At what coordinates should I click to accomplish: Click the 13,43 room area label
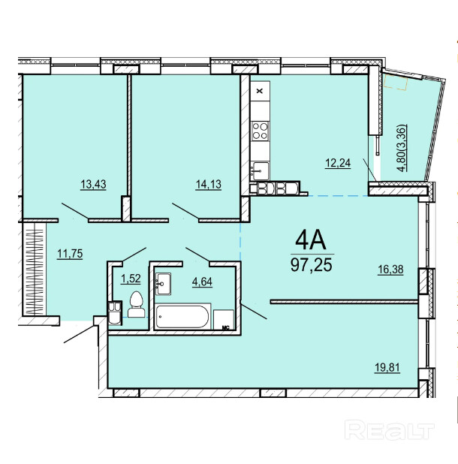[93, 185]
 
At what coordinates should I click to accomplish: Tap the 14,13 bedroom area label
[208, 185]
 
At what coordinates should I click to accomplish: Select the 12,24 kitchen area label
[338, 163]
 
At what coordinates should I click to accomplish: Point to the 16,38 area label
[390, 270]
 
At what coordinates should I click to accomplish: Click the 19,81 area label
[387, 368]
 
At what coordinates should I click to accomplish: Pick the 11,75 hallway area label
[70, 254]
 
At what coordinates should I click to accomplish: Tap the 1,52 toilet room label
[131, 279]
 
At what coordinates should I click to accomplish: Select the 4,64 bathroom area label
[203, 282]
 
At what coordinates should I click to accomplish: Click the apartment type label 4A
[310, 240]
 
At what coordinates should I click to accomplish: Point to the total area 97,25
[312, 264]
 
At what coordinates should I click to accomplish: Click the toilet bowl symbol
[137, 304]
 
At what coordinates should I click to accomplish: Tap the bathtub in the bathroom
[182, 317]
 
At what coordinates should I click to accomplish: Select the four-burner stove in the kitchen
[260, 131]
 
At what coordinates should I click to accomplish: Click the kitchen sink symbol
[260, 170]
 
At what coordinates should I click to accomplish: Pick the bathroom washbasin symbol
[164, 284]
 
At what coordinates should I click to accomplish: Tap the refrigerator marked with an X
[260, 91]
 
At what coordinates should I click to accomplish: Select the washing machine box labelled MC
[224, 320]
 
